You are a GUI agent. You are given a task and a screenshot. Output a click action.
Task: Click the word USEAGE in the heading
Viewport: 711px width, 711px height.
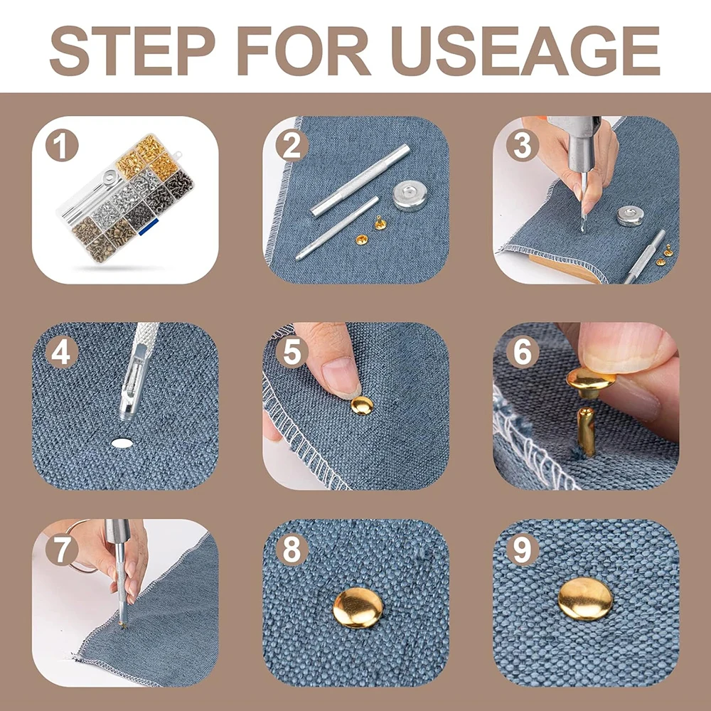tap(525, 50)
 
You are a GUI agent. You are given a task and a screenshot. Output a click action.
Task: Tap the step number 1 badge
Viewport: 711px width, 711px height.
tap(62, 146)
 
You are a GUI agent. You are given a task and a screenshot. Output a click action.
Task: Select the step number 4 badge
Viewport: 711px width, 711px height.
tap(62, 353)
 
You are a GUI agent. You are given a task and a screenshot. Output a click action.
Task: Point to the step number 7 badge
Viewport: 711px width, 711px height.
tap(62, 549)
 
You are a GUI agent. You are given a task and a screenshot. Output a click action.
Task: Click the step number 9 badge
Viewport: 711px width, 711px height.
tap(523, 549)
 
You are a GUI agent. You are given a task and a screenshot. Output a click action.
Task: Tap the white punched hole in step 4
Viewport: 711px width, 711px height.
tap(122, 443)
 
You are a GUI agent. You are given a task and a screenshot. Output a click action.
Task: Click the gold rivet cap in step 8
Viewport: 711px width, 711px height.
tap(358, 608)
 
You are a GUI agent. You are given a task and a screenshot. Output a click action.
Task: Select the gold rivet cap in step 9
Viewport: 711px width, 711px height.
tap(585, 599)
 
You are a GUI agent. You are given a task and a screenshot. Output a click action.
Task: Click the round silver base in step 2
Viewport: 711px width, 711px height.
tap(410, 196)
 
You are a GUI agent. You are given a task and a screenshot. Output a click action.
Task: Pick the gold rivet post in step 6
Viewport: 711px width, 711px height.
tap(586, 432)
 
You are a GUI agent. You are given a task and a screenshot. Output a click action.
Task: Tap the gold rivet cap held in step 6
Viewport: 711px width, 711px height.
tap(590, 382)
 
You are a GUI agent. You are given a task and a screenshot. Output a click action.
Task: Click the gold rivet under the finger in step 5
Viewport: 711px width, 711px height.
tap(362, 405)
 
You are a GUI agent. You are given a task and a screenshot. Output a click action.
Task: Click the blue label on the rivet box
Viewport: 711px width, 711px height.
tap(149, 227)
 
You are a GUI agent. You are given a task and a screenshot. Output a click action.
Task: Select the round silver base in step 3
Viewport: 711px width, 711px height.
tap(630, 216)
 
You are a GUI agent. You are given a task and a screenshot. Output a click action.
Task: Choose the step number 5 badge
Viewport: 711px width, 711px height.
tap(292, 353)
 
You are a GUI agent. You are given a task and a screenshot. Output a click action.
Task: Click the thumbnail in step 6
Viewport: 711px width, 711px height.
tap(622, 346)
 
